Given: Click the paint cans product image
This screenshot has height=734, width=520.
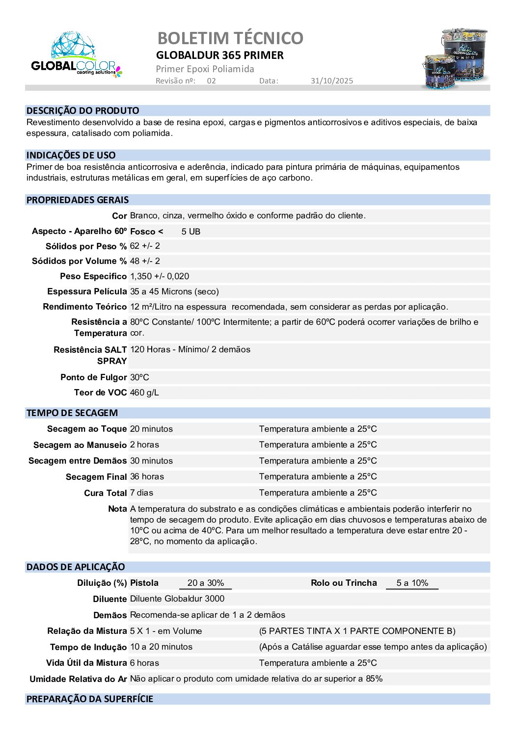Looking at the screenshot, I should pos(455,59).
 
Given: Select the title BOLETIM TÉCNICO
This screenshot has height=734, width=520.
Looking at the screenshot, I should pos(230,38).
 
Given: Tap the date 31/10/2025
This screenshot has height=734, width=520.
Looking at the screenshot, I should pos(331,81).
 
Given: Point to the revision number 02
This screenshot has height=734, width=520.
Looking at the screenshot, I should pos(211,81).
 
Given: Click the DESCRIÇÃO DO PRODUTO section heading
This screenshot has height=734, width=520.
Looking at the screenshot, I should pos(82,111).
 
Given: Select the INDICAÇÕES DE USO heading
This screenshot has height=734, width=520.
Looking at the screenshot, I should pos(71,156).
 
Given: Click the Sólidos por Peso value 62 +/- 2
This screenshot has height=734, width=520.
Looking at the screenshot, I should pos(145,246).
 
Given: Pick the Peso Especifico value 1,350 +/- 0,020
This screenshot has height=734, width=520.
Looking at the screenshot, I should pos(160,276).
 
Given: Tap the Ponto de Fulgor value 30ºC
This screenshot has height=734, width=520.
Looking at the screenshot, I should pos(139,377).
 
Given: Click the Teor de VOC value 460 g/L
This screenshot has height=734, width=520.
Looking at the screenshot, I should pos(144,393).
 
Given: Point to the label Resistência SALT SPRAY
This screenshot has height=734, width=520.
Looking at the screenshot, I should pos(90,355).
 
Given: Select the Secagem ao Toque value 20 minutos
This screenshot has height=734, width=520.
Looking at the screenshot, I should pos(151,429).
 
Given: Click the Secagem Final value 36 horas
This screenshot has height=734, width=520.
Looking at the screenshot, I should pos(147,476).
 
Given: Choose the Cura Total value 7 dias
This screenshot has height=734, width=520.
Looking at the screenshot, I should pos(141,493).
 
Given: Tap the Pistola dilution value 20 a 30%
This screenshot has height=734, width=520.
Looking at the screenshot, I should pos(205,583).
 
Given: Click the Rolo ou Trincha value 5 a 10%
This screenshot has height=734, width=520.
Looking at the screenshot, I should pos(412,583).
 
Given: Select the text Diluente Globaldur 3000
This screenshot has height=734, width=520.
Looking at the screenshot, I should pos(177,599).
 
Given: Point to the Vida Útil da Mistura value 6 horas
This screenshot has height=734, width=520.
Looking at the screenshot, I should pos(144,663).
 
